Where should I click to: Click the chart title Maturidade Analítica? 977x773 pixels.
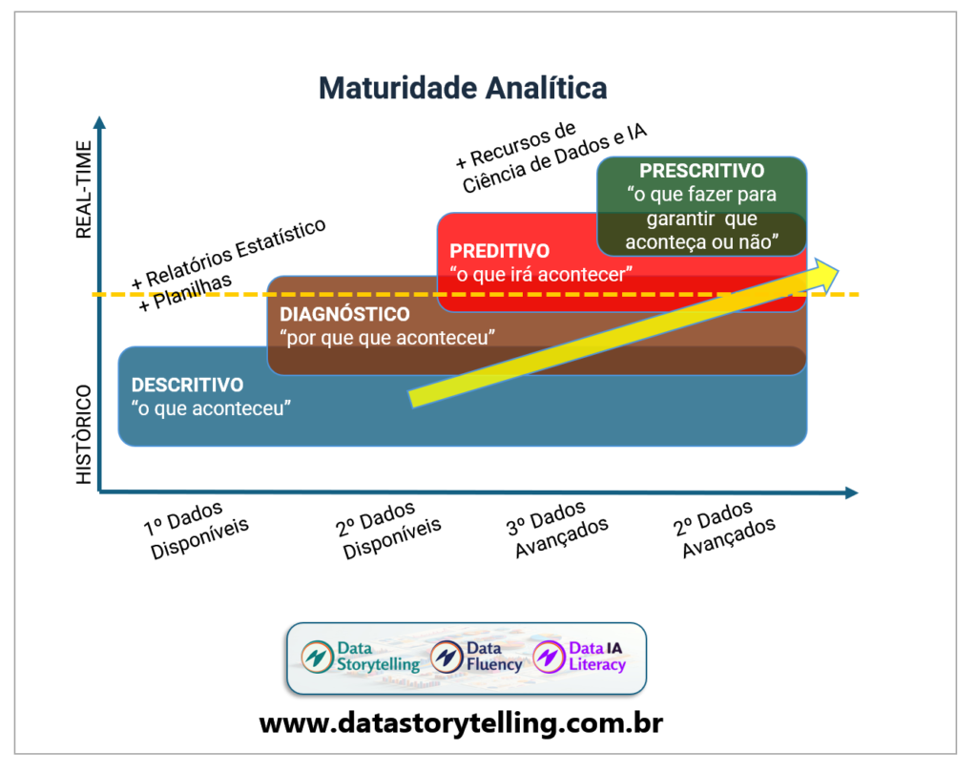pyautogui.click(x=462, y=88)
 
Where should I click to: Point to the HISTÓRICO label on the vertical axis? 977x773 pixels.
pyautogui.click(x=84, y=434)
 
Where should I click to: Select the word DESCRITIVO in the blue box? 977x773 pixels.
pyautogui.click(x=187, y=385)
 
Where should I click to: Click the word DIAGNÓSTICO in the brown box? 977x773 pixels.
pyautogui.click(x=344, y=314)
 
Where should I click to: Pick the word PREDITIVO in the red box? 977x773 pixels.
pyautogui.click(x=499, y=251)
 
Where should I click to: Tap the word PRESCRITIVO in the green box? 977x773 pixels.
pyautogui.click(x=701, y=171)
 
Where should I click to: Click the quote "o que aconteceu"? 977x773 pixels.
pyautogui.click(x=211, y=408)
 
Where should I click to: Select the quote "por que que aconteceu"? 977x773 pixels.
pyautogui.click(x=385, y=338)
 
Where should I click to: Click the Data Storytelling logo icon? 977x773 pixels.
pyautogui.click(x=315, y=657)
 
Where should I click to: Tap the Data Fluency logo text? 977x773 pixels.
pyautogui.click(x=493, y=657)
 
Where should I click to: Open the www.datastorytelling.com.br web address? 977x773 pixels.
pyautogui.click(x=461, y=722)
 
